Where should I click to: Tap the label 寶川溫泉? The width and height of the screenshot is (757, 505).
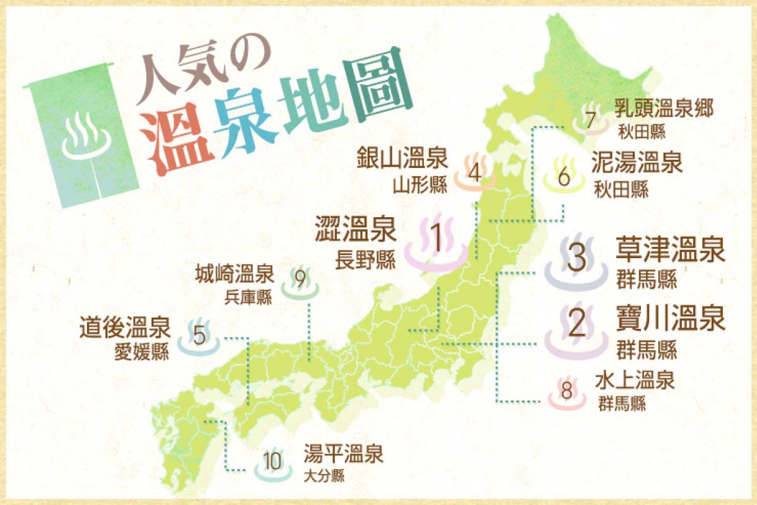[x=670, y=319]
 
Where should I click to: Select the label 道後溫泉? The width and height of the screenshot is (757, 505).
[x=124, y=328]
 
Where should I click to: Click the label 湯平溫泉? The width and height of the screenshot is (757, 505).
[x=343, y=454]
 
